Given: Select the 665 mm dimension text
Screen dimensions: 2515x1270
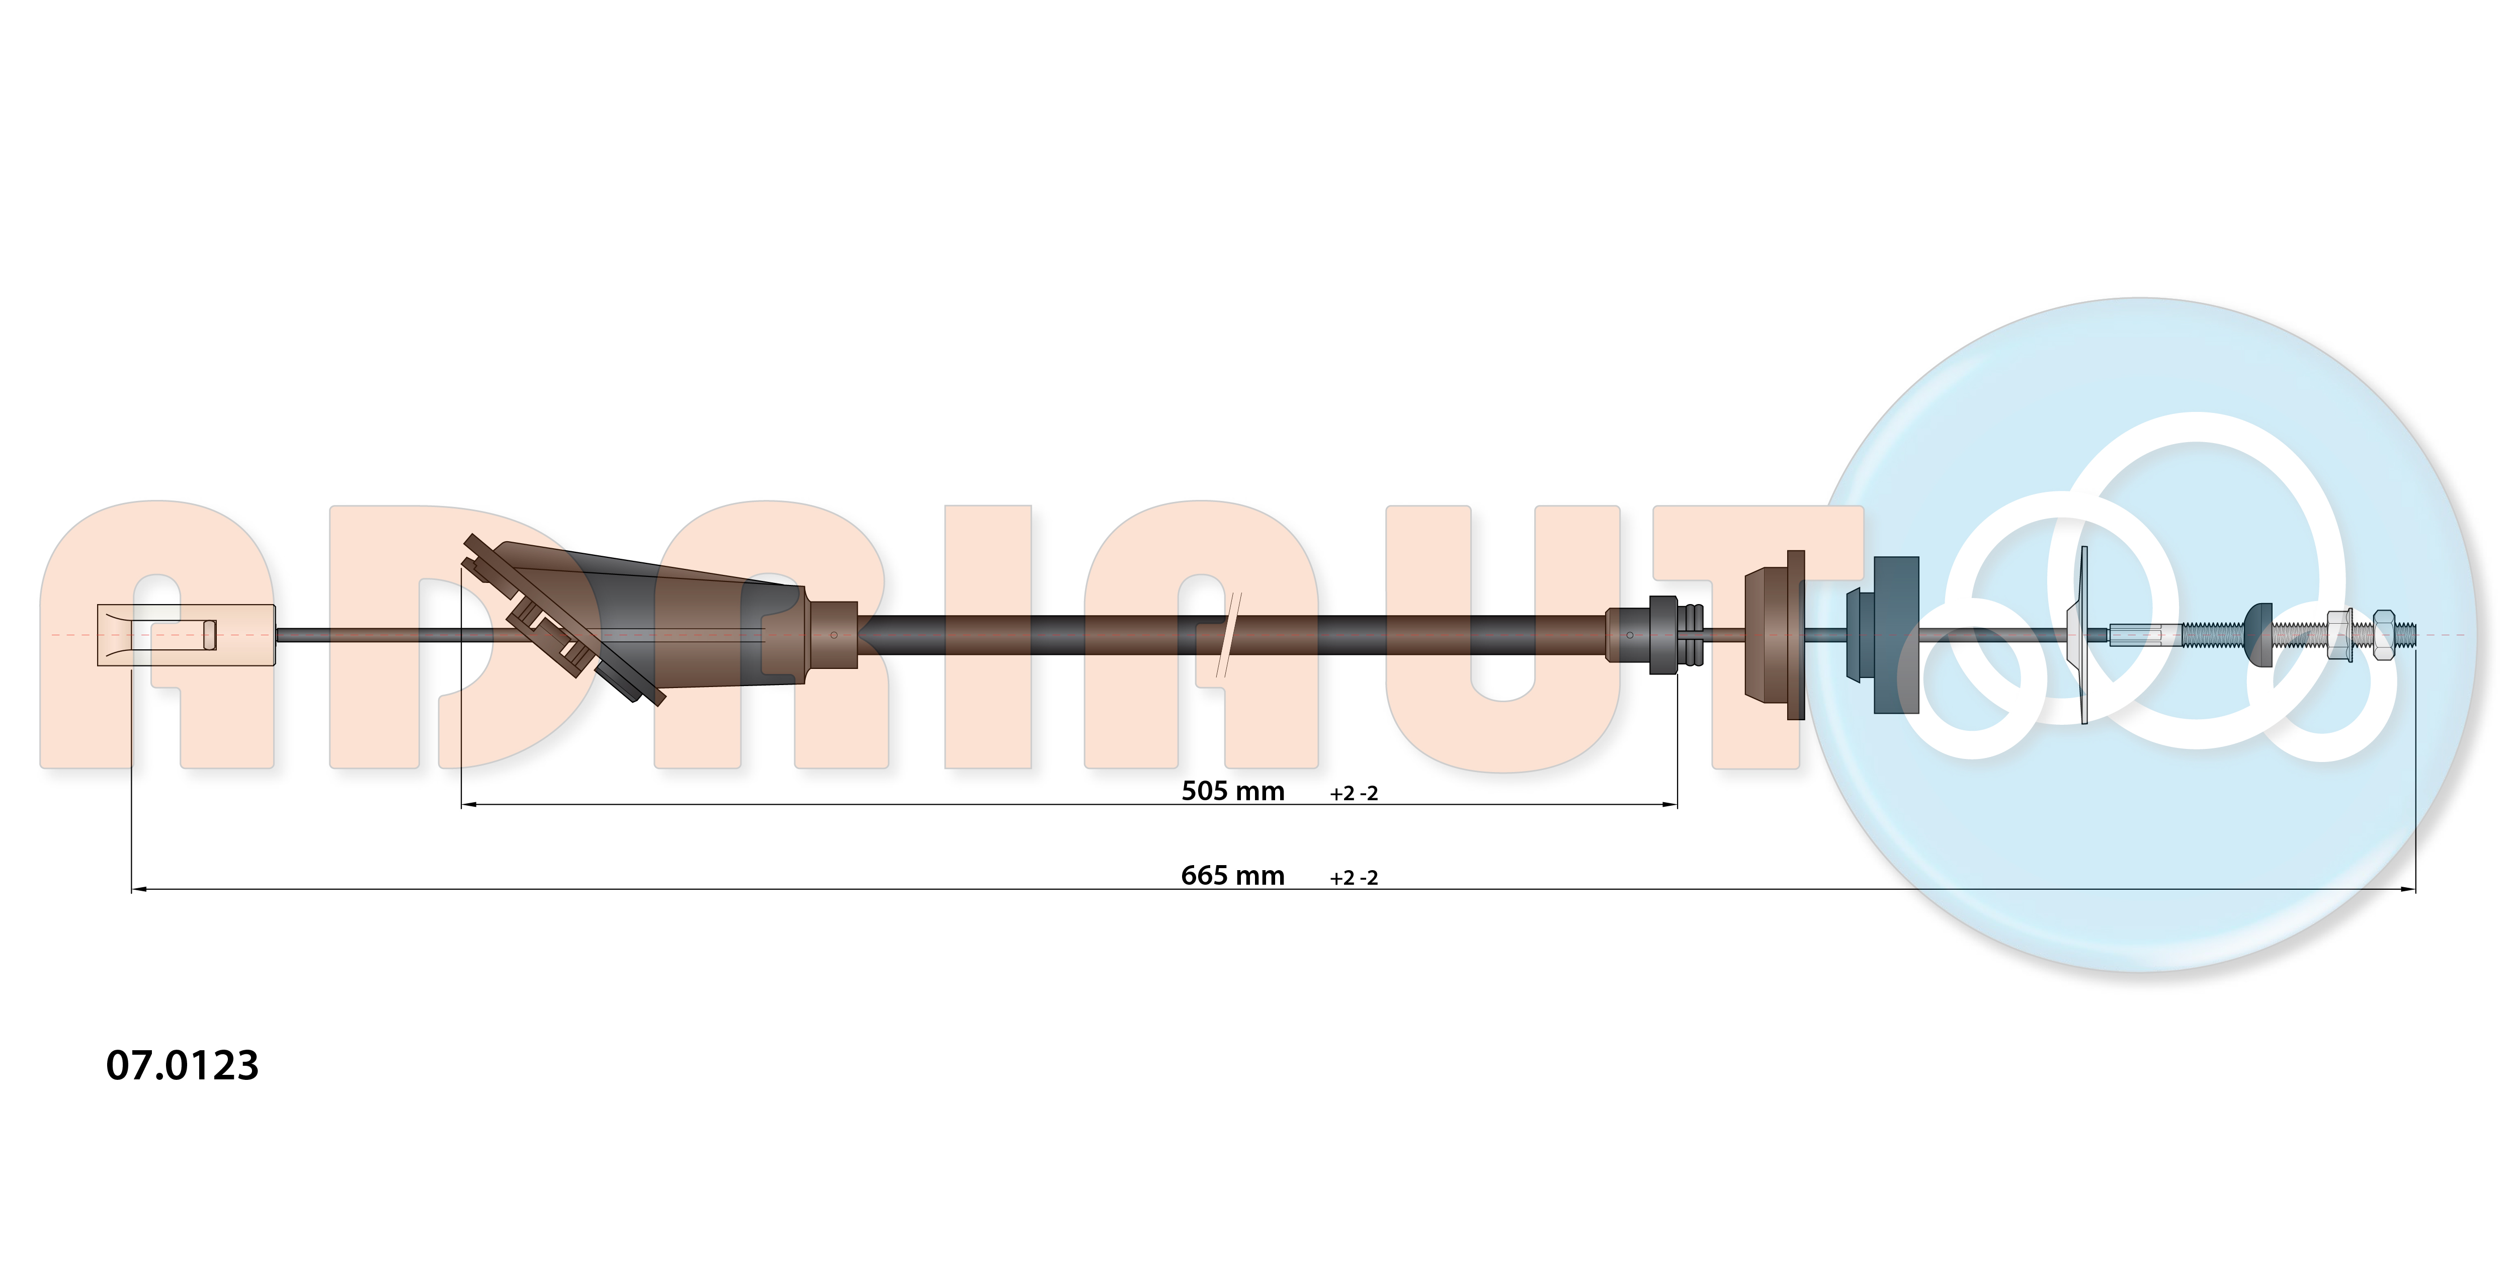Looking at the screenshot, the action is point(1232,876).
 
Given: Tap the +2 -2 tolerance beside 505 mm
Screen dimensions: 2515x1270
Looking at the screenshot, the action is point(1353,794).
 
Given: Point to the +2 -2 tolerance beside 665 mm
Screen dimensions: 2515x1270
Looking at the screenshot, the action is point(1353,878).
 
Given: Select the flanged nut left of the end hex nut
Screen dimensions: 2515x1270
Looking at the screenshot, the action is point(2339,635).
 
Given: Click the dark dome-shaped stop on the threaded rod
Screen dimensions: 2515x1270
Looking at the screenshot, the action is point(2259,635).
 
